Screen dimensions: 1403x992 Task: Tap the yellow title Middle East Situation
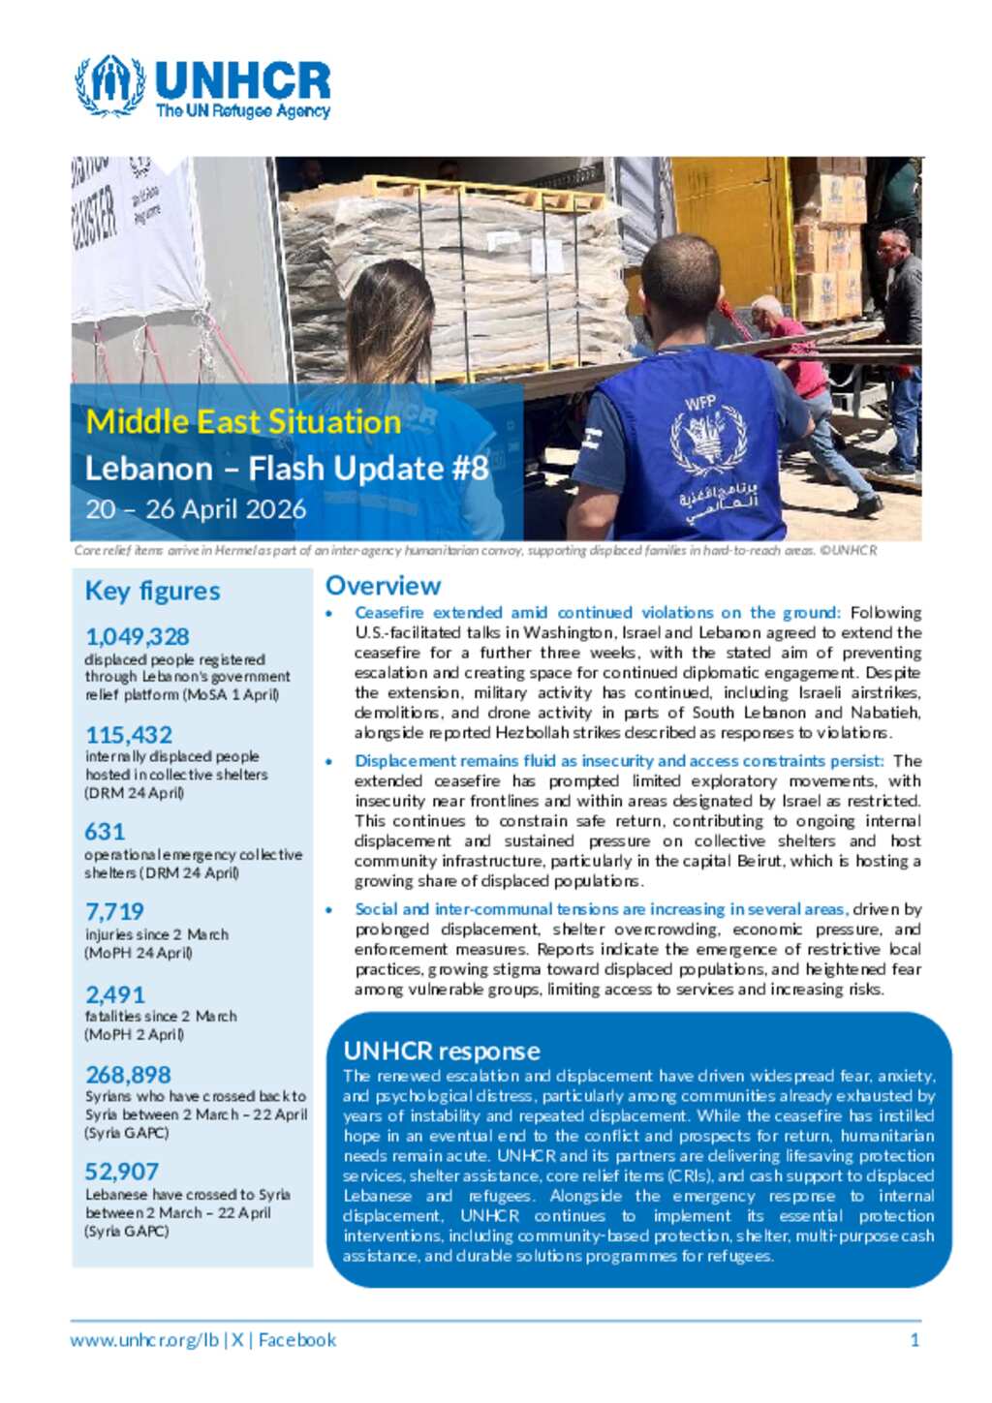pyautogui.click(x=243, y=421)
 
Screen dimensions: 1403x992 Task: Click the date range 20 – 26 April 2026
pyautogui.click(x=196, y=509)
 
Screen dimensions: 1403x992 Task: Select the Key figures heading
pyautogui.click(x=152, y=591)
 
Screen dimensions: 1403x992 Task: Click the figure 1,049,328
pyautogui.click(x=138, y=636)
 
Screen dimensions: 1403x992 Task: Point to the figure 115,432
pyautogui.click(x=129, y=735)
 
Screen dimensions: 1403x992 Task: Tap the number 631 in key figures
pyautogui.click(x=105, y=832)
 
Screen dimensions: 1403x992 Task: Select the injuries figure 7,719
pyautogui.click(x=114, y=911)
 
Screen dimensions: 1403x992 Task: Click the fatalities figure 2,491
pyautogui.click(x=115, y=994)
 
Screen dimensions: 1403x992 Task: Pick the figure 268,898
pyautogui.click(x=128, y=1075)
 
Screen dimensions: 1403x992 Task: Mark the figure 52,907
pyautogui.click(x=121, y=1172)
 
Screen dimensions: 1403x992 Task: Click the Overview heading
pyautogui.click(x=383, y=586)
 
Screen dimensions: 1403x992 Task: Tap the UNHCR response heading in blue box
pyautogui.click(x=442, y=1051)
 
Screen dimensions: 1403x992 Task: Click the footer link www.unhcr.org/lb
pyautogui.click(x=144, y=1340)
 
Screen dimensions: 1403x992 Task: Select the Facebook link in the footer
pyautogui.click(x=297, y=1340)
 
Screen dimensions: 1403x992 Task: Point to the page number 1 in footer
pyautogui.click(x=914, y=1340)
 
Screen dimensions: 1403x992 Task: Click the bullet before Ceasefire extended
pyautogui.click(x=330, y=613)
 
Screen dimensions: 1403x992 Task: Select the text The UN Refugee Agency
pyautogui.click(x=243, y=111)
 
